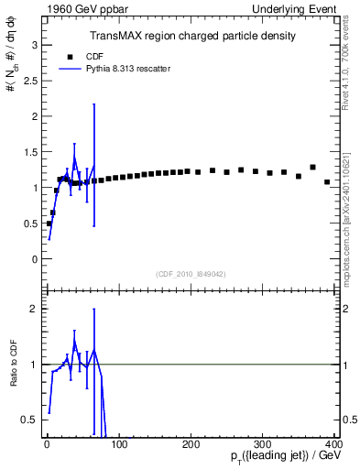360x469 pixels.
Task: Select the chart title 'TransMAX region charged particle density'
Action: tap(191, 36)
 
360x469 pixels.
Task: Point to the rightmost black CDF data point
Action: tap(327, 182)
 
